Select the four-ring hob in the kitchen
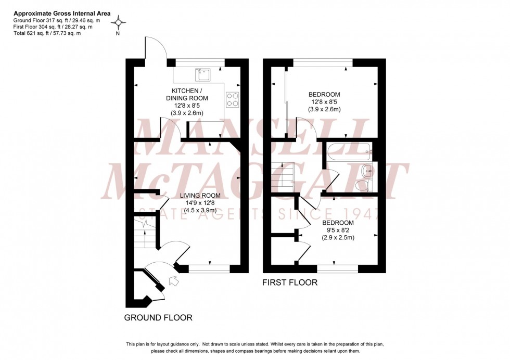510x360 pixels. pos(232,99)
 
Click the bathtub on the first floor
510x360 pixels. pos(349,151)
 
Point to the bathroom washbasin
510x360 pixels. pos(368,170)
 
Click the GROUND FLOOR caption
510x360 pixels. pos(158,317)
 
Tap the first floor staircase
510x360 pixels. pos(283,175)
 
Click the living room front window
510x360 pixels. pos(209,268)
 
